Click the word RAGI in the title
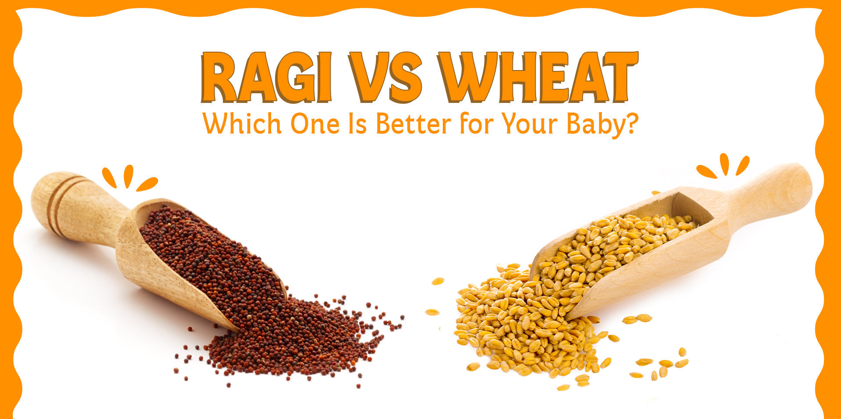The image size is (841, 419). [x=265, y=78]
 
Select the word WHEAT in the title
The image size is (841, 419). [x=538, y=78]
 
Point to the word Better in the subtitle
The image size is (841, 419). [x=413, y=124]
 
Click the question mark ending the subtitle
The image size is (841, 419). [x=631, y=123]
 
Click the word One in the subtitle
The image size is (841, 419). [x=314, y=124]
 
